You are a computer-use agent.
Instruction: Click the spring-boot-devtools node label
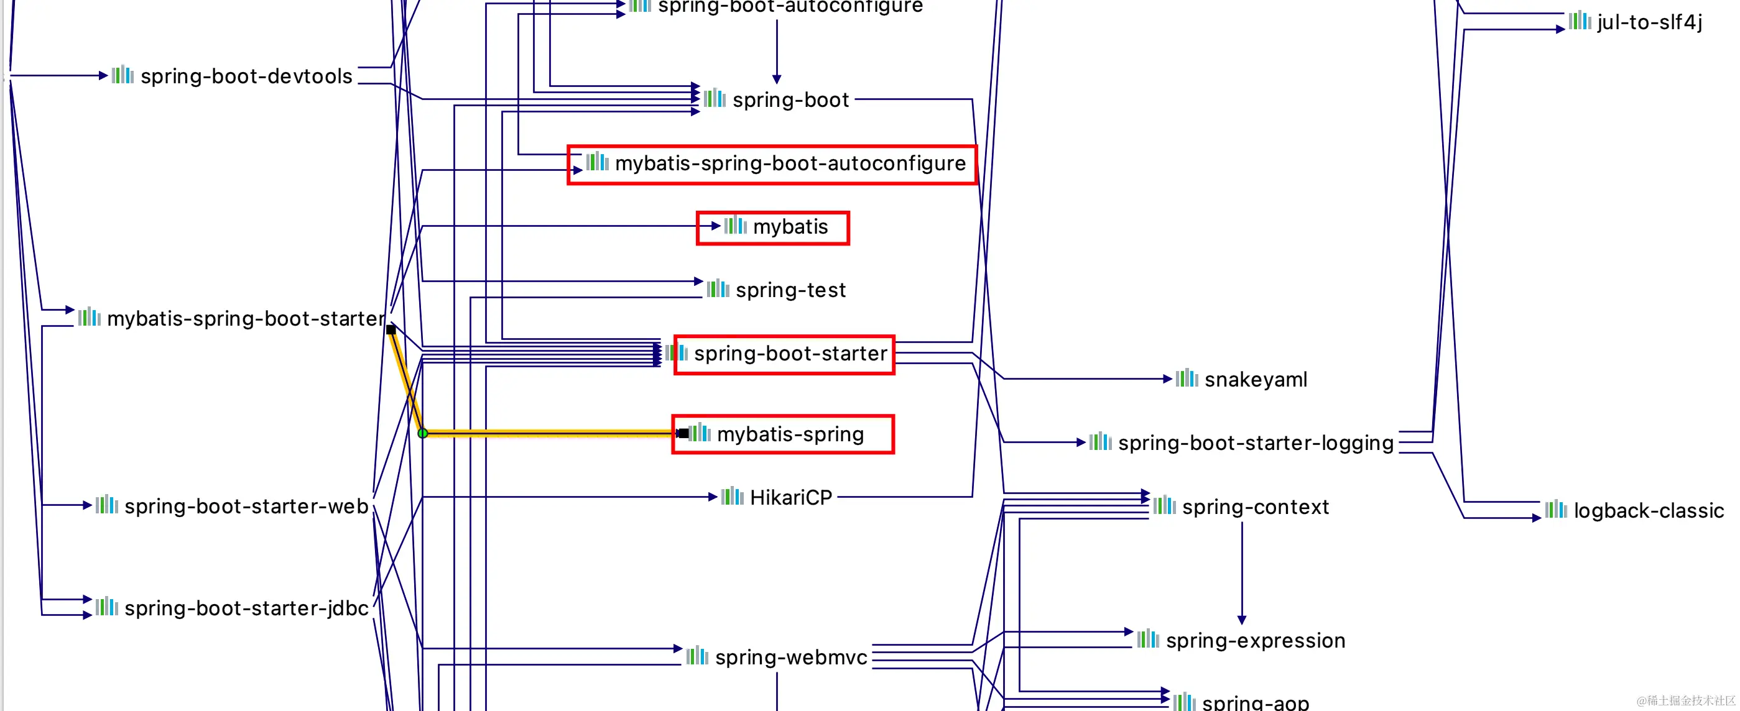click(x=246, y=76)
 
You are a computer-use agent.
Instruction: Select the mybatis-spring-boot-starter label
click(x=246, y=318)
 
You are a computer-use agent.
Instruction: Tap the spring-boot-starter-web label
click(x=246, y=506)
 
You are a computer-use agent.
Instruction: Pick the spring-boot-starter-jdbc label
click(x=246, y=608)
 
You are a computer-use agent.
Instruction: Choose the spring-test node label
click(x=790, y=290)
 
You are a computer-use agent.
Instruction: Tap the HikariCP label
click(x=790, y=498)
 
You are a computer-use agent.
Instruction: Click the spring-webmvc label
click(x=790, y=657)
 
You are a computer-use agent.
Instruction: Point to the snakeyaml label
click(x=1256, y=380)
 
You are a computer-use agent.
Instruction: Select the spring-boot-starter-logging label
click(x=1256, y=443)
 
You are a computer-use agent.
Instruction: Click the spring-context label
click(x=1255, y=507)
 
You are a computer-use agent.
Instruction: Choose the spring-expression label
click(x=1255, y=640)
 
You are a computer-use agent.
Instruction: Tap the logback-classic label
click(x=1648, y=510)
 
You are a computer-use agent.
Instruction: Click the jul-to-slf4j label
click(x=1649, y=22)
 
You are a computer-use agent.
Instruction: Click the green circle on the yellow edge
click(x=423, y=433)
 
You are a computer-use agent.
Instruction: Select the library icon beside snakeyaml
click(x=1187, y=378)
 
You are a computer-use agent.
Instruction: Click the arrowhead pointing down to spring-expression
click(x=1241, y=619)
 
